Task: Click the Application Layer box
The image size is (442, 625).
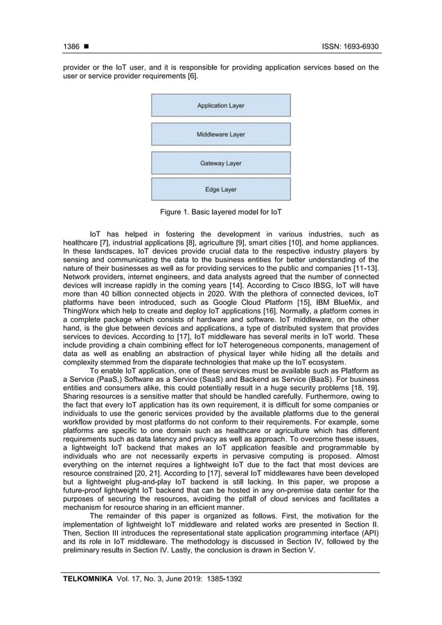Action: tap(221, 106)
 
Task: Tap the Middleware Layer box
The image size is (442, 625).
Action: tap(221, 134)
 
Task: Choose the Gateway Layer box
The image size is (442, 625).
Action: tap(221, 164)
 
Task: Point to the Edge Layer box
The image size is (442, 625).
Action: tap(221, 189)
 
